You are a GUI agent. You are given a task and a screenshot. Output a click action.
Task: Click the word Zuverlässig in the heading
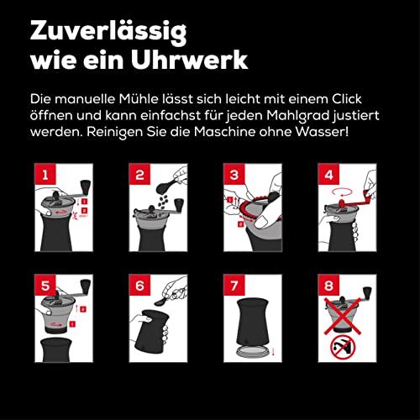pyautogui.click(x=108, y=32)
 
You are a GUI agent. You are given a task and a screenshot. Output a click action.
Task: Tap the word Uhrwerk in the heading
pyautogui.click(x=189, y=60)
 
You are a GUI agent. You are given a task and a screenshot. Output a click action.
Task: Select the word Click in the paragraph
pyautogui.click(x=347, y=99)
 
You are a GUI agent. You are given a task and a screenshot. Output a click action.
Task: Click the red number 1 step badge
pyautogui.click(x=45, y=174)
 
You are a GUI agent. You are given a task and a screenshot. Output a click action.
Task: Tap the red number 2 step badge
pyautogui.click(x=139, y=174)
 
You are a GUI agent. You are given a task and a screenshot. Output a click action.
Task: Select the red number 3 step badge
pyautogui.click(x=234, y=174)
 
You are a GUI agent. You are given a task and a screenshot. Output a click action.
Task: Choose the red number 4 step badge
pyautogui.click(x=328, y=174)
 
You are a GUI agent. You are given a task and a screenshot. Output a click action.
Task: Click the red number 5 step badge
pyautogui.click(x=45, y=285)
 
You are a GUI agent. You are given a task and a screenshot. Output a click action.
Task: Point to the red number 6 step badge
pyautogui.click(x=139, y=285)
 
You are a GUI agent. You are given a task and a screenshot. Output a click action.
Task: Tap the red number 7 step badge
pyautogui.click(x=234, y=285)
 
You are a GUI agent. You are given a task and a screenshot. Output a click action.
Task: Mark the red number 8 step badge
pyautogui.click(x=328, y=285)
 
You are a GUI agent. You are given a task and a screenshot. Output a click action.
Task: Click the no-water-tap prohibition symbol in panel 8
pyautogui.click(x=343, y=349)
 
